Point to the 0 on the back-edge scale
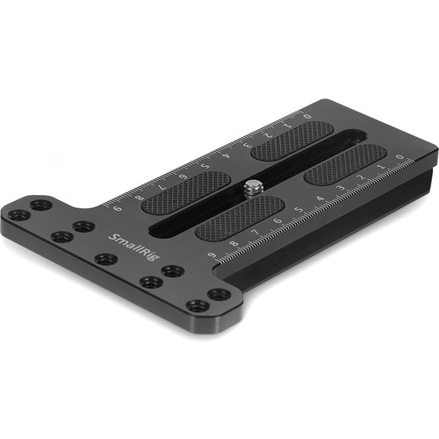point(307,115)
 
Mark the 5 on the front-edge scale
point(298,212)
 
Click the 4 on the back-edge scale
point(227,155)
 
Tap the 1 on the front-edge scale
point(381,167)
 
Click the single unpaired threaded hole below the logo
point(106,260)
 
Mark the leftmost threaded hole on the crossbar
point(18,214)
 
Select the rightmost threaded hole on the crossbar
point(219,294)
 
